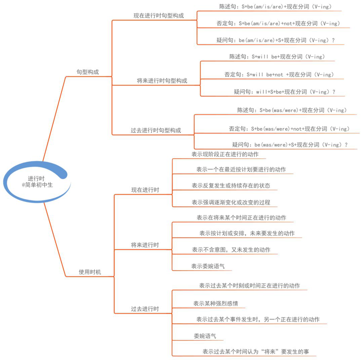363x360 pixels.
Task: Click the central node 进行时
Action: click(36, 178)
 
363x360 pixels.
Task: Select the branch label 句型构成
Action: click(88, 72)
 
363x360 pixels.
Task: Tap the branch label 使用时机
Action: click(90, 272)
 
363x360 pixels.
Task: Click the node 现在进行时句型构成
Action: click(159, 15)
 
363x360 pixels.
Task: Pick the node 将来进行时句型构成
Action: click(162, 81)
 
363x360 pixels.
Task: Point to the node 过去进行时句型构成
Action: click(156, 130)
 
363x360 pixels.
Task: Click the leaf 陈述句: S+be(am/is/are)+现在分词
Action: click(275, 7)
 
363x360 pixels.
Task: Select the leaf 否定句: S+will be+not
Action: click(279, 75)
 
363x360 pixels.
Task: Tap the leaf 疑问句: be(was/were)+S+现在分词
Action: click(290, 145)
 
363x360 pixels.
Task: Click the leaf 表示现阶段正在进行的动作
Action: click(225, 154)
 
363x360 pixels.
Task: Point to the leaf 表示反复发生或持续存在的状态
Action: click(231, 185)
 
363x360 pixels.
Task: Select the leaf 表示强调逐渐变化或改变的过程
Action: click(231, 202)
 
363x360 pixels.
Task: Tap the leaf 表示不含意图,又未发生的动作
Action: click(231, 250)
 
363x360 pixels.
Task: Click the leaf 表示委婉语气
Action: click(208, 266)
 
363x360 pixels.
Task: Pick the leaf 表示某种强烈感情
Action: click(216, 303)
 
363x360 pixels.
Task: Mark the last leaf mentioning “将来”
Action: click(256, 352)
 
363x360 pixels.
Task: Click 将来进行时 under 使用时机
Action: click(145, 245)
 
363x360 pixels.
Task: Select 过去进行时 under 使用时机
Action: click(145, 309)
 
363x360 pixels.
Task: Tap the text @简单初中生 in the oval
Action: click(37, 185)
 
